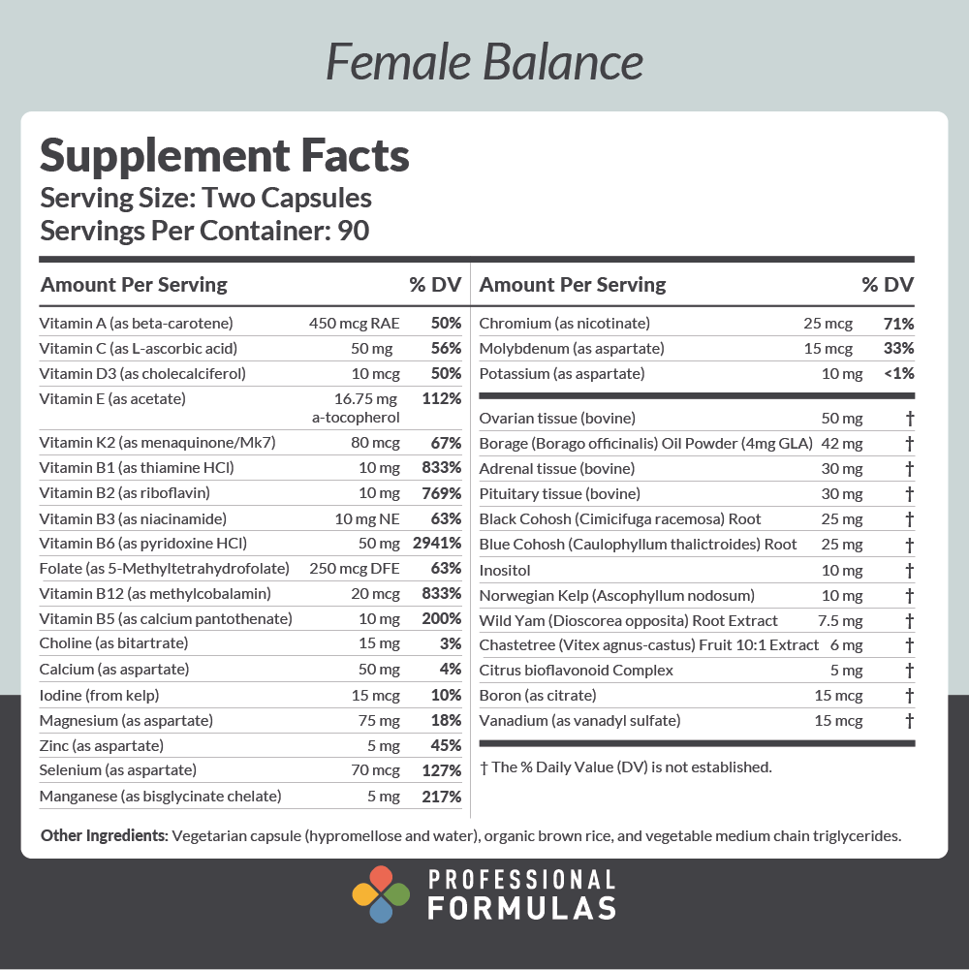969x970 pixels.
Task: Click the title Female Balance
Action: pyautogui.click(x=484, y=62)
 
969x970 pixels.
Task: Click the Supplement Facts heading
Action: pyautogui.click(x=224, y=155)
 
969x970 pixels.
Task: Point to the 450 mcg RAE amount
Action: pyautogui.click(x=354, y=323)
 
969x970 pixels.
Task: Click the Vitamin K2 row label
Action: pyautogui.click(x=158, y=443)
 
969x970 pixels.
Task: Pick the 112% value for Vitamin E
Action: pyautogui.click(x=442, y=398)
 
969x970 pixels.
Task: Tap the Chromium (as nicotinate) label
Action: pyautogui.click(x=564, y=323)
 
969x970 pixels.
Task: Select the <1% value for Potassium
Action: pyautogui.click(x=898, y=373)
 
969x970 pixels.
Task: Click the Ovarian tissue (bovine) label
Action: pyautogui.click(x=557, y=418)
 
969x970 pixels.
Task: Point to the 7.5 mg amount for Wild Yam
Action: pyautogui.click(x=840, y=620)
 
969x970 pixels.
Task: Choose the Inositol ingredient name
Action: pyautogui.click(x=505, y=570)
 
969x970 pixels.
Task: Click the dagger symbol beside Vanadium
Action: pyautogui.click(x=909, y=720)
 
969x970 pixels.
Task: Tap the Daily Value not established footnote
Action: pyautogui.click(x=626, y=767)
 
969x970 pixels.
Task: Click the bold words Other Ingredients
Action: pyautogui.click(x=104, y=836)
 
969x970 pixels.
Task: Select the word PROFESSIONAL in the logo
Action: pyautogui.click(x=521, y=880)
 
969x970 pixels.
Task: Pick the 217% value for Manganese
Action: pyautogui.click(x=442, y=797)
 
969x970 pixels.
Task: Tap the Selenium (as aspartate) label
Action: pyautogui.click(x=117, y=770)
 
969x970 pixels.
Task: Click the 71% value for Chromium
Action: pyautogui.click(x=898, y=323)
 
